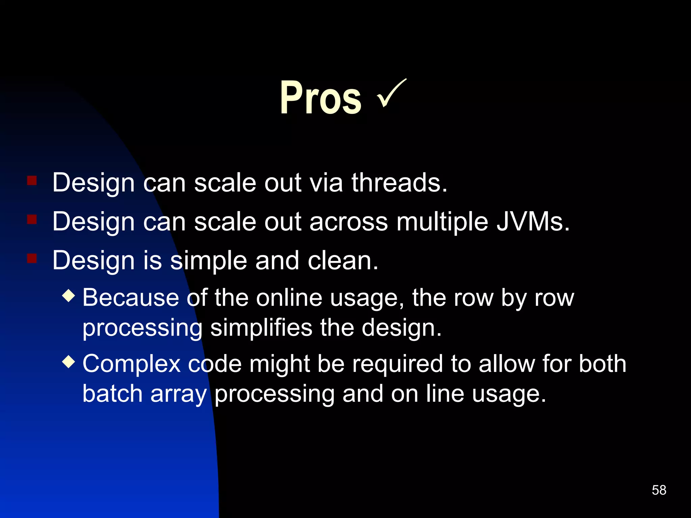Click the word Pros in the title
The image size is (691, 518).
tap(321, 98)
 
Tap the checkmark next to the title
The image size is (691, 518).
tap(391, 93)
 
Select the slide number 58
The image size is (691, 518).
tap(659, 490)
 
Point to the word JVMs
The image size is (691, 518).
tap(533, 222)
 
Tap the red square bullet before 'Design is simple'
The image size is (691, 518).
tap(32, 259)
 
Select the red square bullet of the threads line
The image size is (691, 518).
tap(32, 180)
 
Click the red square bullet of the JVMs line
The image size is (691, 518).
tap(32, 220)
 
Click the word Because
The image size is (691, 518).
tap(130, 298)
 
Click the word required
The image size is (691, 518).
tap(397, 365)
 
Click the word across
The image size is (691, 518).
tap(349, 222)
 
